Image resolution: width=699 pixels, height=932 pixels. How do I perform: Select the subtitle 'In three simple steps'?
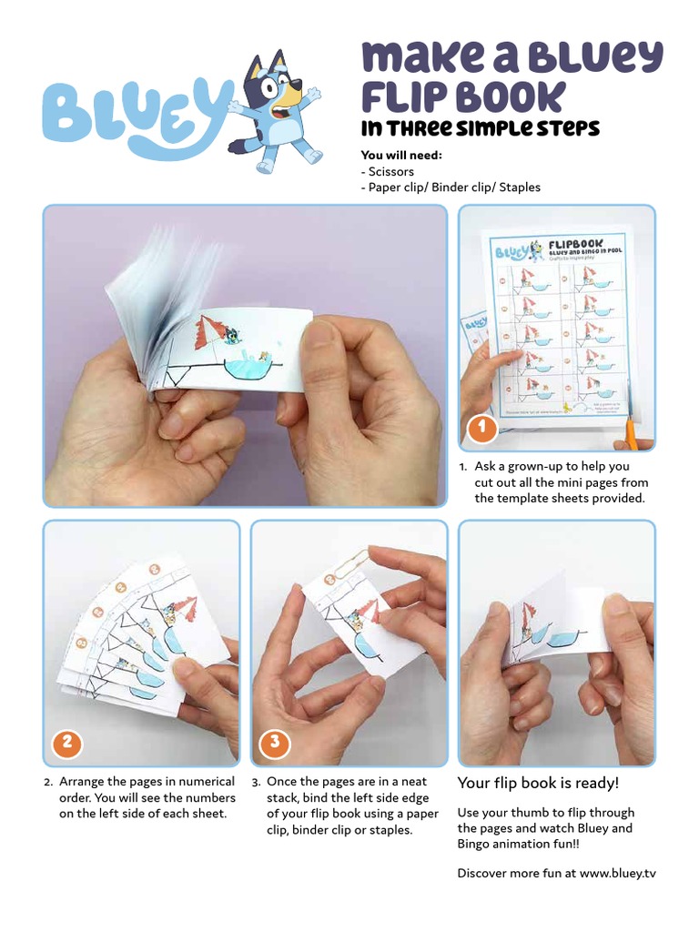click(480, 128)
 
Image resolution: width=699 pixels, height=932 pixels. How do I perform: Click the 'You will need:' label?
click(401, 155)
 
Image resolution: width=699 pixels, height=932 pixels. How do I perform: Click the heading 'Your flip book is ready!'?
click(538, 783)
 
